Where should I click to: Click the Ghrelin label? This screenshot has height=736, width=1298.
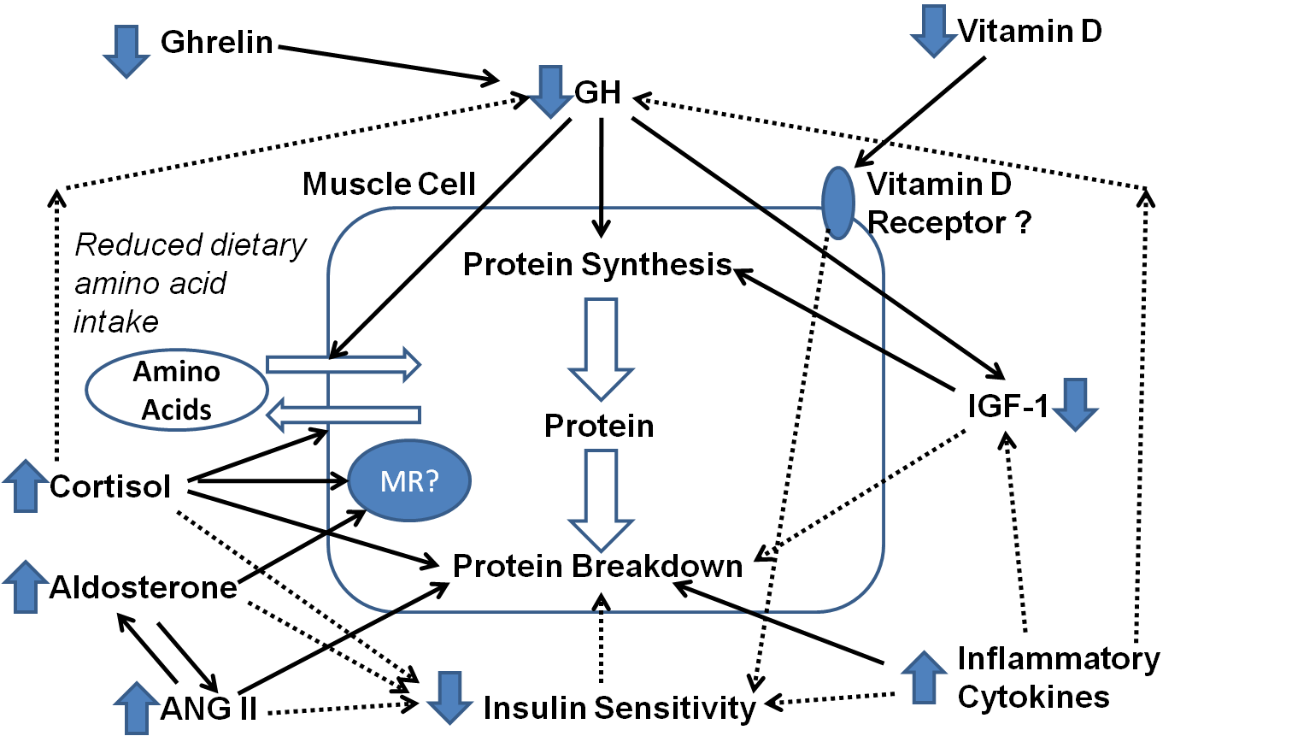point(217,42)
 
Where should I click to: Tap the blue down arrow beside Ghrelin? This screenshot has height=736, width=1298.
point(126,51)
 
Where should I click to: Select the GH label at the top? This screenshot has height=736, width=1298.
point(597,92)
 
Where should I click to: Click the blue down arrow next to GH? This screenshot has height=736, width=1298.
point(550,91)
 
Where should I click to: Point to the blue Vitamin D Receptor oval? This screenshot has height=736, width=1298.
point(838,203)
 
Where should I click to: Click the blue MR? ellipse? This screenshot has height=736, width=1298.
point(409,480)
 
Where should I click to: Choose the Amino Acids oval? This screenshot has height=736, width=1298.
point(177,390)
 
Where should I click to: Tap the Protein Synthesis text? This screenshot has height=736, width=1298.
point(597,265)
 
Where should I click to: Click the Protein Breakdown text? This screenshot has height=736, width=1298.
point(597,566)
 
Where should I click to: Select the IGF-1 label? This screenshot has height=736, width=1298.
point(1008,406)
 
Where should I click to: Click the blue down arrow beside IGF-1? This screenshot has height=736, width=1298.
point(1076,404)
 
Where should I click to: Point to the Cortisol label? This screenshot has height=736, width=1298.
point(110,486)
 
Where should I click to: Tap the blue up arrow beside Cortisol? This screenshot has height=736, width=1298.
point(26,486)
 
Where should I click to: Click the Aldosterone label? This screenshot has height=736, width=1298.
point(143,587)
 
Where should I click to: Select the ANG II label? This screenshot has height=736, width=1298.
point(209,708)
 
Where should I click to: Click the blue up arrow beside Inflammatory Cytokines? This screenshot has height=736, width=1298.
point(924,677)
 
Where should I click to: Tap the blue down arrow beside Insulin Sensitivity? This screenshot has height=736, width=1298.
point(449,698)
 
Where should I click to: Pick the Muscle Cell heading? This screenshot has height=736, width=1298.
point(389,185)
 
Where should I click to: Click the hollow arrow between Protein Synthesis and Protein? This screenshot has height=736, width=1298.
point(601,349)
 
